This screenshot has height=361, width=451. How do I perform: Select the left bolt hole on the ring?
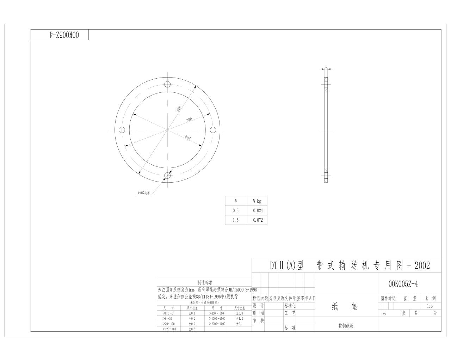tap(122, 130)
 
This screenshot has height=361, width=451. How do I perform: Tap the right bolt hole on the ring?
tap(213, 130)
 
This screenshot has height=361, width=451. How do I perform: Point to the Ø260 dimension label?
tap(189, 120)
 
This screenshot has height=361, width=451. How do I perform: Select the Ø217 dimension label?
tap(188, 137)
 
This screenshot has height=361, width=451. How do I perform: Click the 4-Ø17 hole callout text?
tap(143, 193)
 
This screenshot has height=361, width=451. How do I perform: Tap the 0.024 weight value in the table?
tap(258, 210)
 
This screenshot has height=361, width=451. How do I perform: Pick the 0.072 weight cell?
tap(258, 220)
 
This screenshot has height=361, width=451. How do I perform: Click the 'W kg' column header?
tap(257, 201)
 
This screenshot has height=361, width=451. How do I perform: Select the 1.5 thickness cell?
tap(235, 220)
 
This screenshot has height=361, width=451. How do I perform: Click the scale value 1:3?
tap(430, 306)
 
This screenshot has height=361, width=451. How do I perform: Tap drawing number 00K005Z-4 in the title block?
tap(403, 284)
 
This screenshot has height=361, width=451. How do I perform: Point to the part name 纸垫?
tap(344, 307)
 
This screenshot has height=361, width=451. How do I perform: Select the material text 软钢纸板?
tap(346, 326)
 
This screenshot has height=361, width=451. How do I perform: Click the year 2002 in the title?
tap(422, 265)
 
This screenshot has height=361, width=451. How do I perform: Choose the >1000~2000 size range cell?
tap(217, 318)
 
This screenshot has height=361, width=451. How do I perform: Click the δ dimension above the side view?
tap(326, 66)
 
